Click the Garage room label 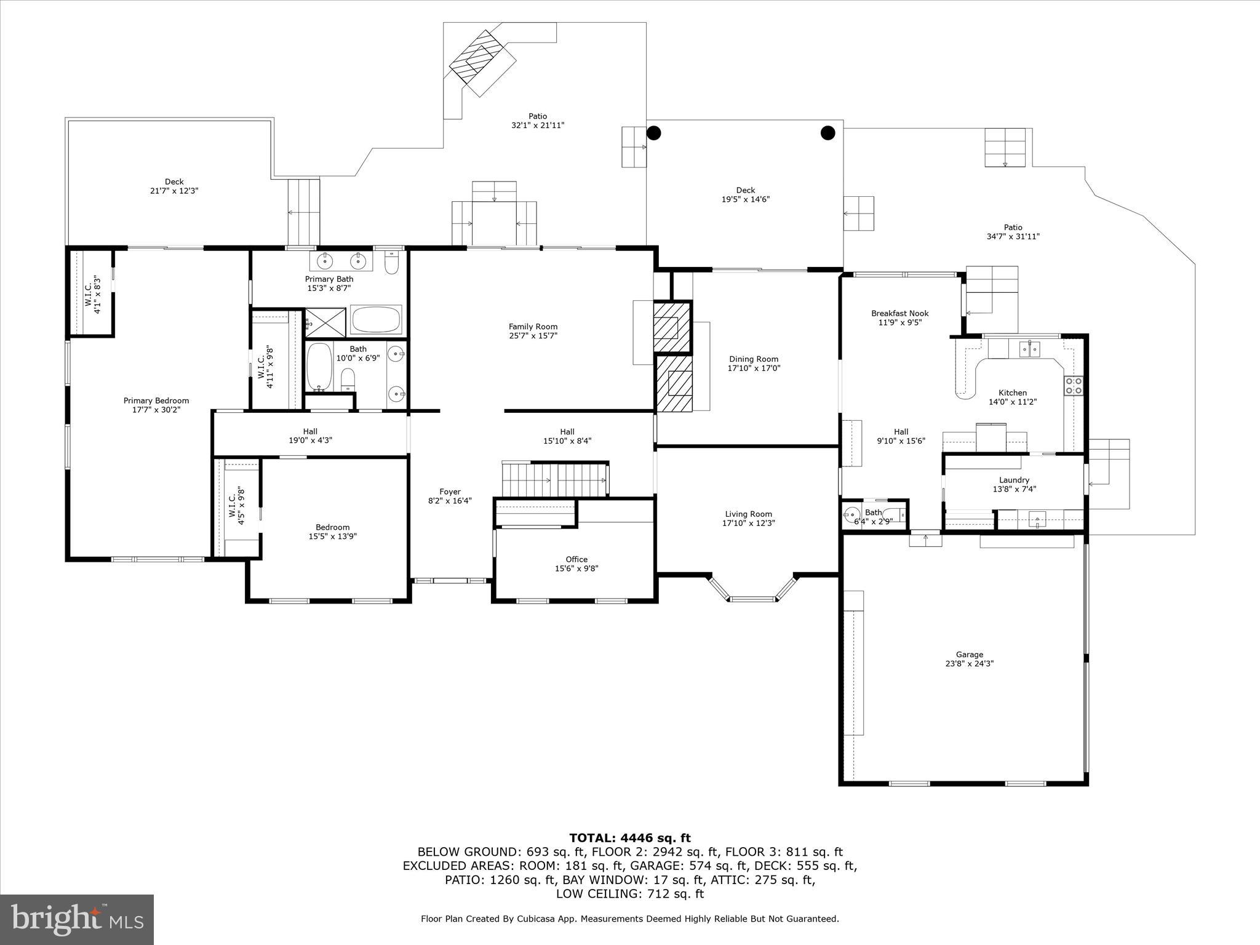(970, 655)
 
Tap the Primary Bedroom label (156, 401)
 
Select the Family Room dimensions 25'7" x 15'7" (533, 335)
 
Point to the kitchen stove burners (1074, 386)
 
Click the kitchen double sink (1029, 349)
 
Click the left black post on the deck (653, 132)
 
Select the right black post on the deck (828, 132)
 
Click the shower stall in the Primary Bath (326, 322)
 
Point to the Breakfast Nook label (900, 313)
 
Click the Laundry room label (1015, 480)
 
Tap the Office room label (576, 559)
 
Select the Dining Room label (754, 359)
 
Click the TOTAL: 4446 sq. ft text (630, 838)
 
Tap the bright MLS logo (77, 920)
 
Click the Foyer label (450, 492)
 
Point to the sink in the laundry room (1037, 520)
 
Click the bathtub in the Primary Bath (375, 320)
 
